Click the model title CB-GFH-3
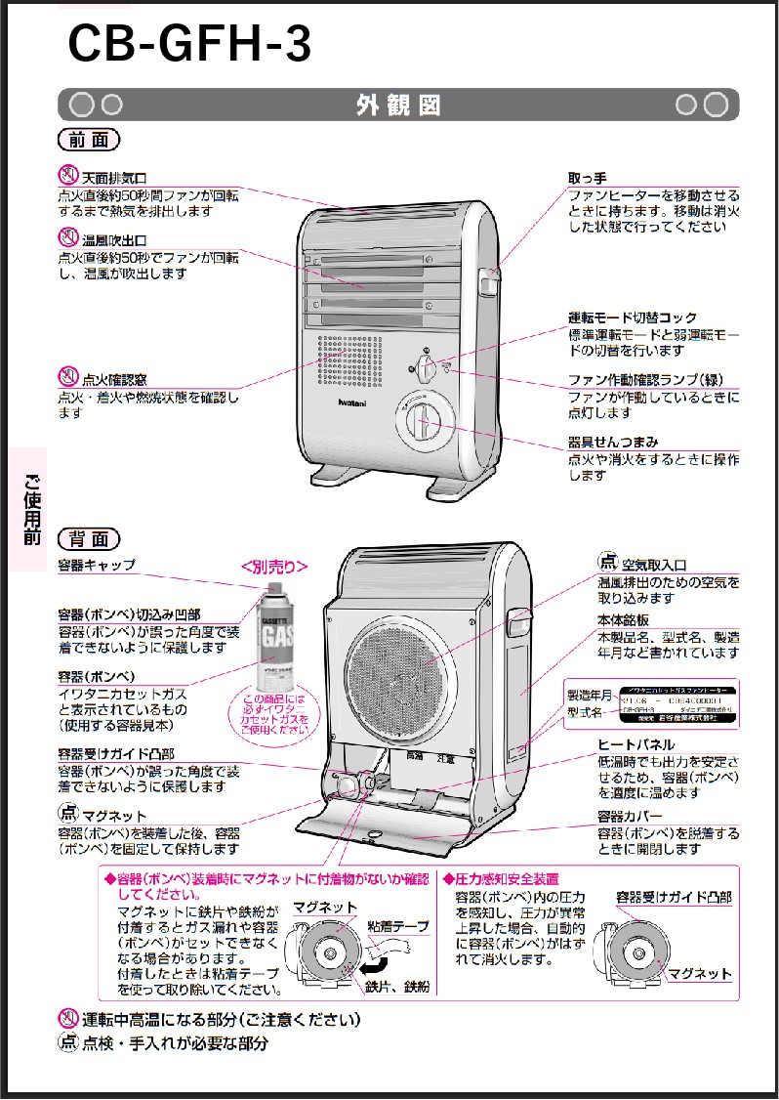[x=189, y=43]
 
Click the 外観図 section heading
[x=398, y=105]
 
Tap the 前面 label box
[x=89, y=140]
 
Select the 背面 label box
[x=89, y=538]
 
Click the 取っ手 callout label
[x=588, y=178]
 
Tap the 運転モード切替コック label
[x=633, y=318]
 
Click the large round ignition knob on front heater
[x=421, y=421]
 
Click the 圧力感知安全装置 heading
[x=507, y=878]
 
